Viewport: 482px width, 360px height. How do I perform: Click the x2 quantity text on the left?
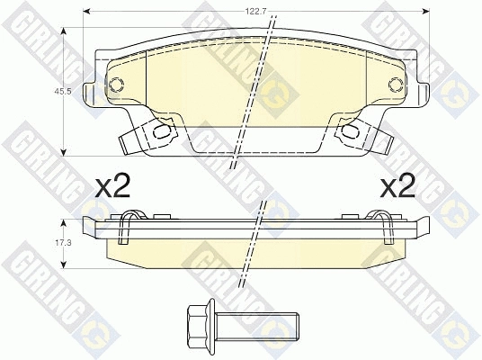(x=113, y=187)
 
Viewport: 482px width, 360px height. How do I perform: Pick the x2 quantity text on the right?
(x=397, y=187)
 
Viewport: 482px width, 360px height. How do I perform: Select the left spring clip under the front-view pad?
(x=144, y=136)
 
